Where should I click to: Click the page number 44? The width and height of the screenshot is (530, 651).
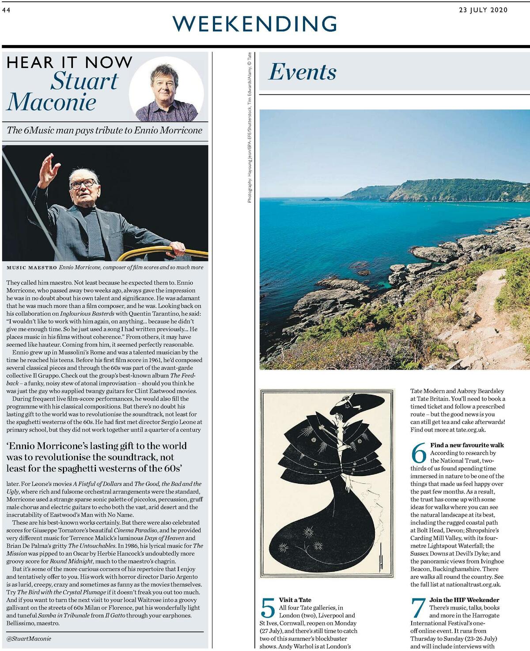(6, 11)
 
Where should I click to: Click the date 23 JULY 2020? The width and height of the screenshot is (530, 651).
(483, 10)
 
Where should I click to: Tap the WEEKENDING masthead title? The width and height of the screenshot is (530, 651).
(255, 23)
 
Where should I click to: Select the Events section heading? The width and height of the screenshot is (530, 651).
(303, 72)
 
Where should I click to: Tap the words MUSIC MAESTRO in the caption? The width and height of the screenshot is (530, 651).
(31, 268)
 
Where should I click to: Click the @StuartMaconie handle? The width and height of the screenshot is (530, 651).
(29, 638)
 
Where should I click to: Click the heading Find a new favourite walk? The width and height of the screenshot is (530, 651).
(467, 445)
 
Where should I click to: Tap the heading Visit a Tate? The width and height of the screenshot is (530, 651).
(295, 600)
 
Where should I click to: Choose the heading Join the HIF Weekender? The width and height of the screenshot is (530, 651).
(464, 600)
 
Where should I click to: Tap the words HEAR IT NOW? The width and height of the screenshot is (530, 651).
(69, 62)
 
